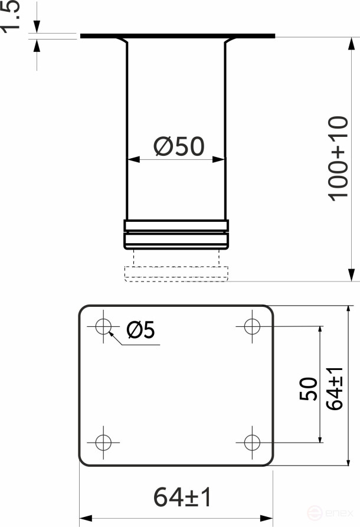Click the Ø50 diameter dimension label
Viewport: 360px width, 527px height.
179,146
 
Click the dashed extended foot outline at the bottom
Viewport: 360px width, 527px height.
176,274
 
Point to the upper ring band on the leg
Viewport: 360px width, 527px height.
176,225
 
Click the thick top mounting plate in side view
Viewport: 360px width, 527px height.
177,36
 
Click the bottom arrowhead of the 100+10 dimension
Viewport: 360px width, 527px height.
351,276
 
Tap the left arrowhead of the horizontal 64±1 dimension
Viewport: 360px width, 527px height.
84,516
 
